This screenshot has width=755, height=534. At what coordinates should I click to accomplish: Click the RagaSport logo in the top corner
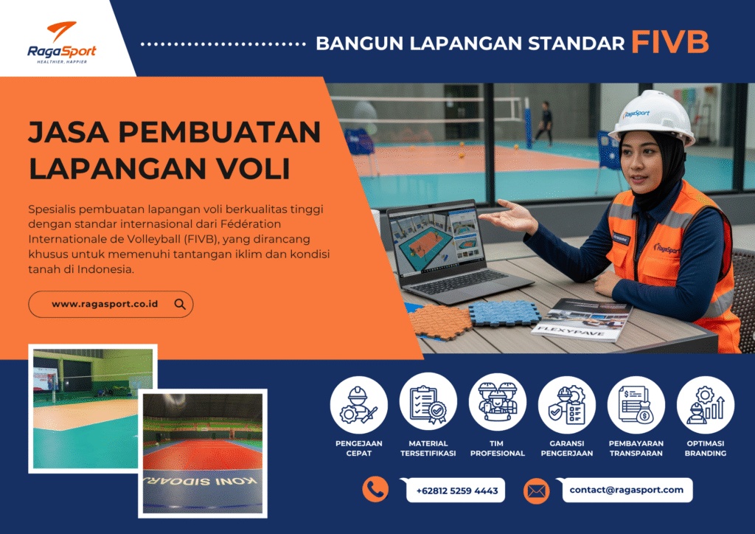coord(62,43)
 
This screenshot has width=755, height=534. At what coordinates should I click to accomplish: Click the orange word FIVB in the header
coord(669,43)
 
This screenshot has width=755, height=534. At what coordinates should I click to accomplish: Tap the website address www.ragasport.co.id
coord(105,304)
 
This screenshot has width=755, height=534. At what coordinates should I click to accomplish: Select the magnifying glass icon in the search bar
coord(180,304)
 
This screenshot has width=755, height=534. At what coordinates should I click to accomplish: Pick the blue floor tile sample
coord(504,312)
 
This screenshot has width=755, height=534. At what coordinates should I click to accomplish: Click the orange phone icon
coord(375,489)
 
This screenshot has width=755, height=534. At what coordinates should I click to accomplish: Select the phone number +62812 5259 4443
coord(456,490)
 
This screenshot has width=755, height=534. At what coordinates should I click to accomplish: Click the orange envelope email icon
coord(536,490)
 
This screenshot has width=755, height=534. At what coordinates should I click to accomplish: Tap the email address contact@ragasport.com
coord(626,489)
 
